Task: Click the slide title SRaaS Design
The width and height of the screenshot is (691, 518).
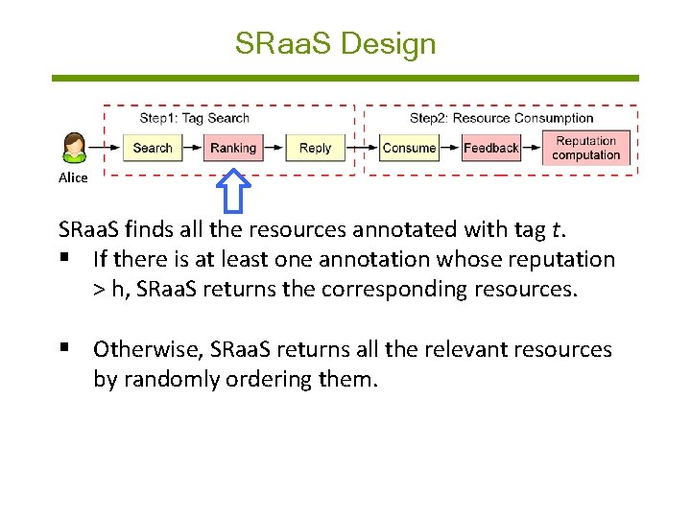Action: click(x=335, y=44)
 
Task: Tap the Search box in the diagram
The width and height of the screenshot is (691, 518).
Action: click(x=152, y=148)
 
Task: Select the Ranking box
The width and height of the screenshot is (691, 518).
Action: click(x=233, y=148)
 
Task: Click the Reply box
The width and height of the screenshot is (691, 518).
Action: click(x=315, y=148)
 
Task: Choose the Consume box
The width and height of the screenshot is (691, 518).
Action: click(x=409, y=148)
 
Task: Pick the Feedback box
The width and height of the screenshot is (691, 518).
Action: click(x=490, y=148)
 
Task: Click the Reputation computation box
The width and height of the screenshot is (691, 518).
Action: click(x=585, y=148)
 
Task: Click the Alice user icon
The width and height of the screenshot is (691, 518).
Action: click(x=74, y=148)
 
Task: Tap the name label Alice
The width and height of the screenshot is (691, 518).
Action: click(x=73, y=177)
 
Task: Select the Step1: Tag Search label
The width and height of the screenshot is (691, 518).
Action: click(x=194, y=118)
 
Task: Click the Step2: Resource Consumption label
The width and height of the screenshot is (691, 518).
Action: click(x=501, y=118)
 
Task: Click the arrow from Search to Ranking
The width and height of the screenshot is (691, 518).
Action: click(x=191, y=148)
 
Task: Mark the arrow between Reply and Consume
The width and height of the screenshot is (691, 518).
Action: click(x=362, y=148)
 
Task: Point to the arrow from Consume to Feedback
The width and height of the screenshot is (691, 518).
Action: click(x=451, y=148)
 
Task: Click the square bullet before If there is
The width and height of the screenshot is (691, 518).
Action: click(x=65, y=259)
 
